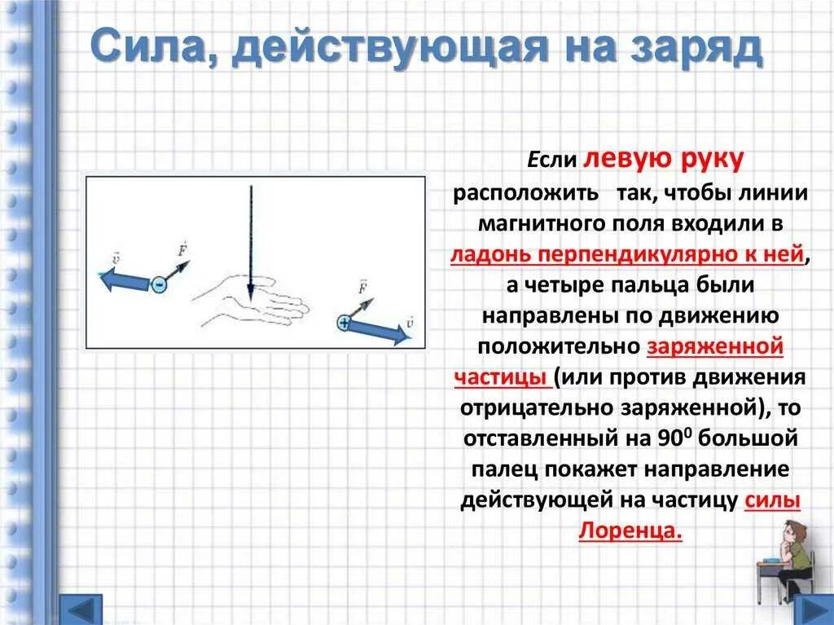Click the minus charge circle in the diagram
click(x=158, y=284)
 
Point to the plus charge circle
click(x=344, y=324)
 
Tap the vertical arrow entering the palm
click(x=251, y=244)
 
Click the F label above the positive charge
click(x=362, y=286)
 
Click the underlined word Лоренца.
click(x=630, y=530)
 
